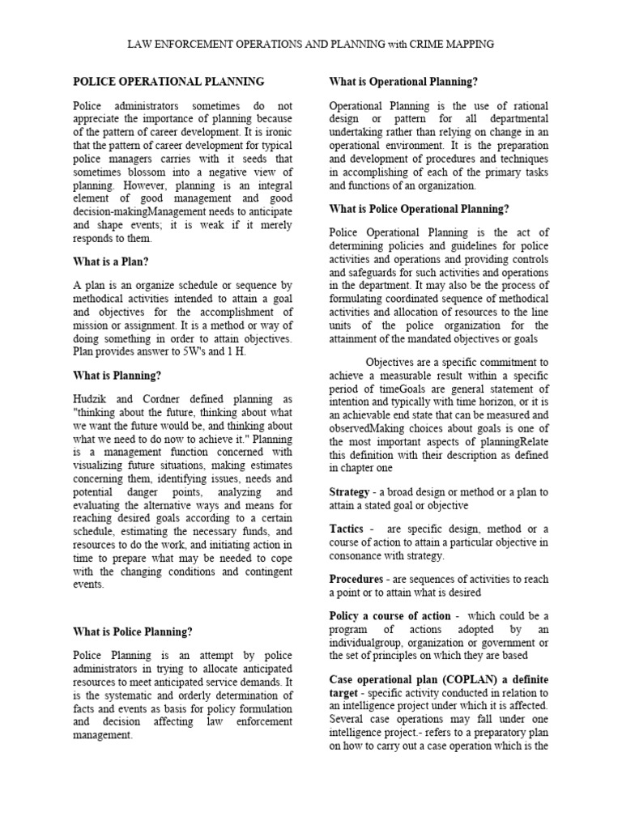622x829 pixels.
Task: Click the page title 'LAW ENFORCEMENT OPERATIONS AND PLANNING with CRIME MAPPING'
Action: (x=310, y=44)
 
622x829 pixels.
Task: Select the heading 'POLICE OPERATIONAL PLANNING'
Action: (x=168, y=82)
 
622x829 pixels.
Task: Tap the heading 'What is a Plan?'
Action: (x=112, y=261)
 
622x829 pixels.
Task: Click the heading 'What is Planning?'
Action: (x=117, y=376)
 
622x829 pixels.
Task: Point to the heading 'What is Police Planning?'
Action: (x=134, y=631)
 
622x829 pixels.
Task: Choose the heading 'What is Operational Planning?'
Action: (x=403, y=82)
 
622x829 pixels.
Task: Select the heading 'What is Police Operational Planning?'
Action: (x=419, y=209)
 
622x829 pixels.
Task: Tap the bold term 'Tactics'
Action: (x=346, y=529)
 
